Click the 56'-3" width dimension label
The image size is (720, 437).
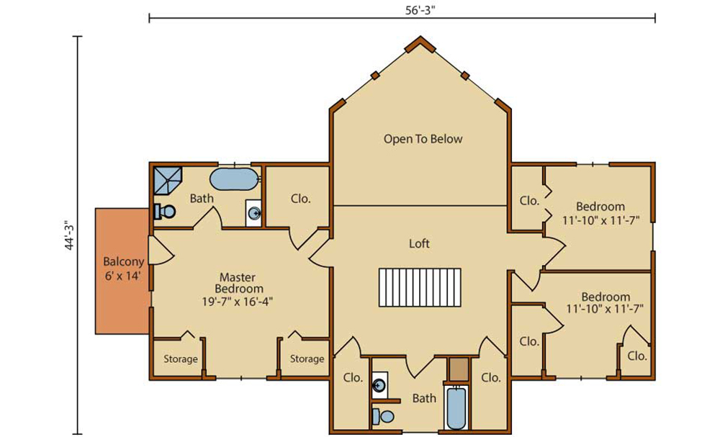click(x=420, y=10)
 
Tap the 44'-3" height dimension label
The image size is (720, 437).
click(x=69, y=236)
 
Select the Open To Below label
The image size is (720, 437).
click(x=423, y=139)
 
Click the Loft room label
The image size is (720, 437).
click(x=419, y=243)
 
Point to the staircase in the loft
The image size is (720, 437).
click(x=420, y=287)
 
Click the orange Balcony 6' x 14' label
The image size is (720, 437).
click(x=123, y=269)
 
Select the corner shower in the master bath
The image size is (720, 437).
click(x=168, y=181)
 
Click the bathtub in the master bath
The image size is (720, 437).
click(x=234, y=179)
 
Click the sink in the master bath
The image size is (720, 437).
click(x=254, y=213)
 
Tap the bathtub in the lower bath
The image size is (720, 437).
click(x=456, y=408)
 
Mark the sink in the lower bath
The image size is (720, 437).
click(x=379, y=385)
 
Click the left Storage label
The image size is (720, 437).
click(x=181, y=359)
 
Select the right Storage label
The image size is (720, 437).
click(x=307, y=359)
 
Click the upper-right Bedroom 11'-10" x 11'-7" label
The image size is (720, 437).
click(x=600, y=213)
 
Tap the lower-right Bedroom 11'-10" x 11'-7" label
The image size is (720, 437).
click(x=605, y=302)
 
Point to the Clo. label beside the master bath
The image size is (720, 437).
click(x=301, y=199)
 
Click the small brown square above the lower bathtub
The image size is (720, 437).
click(x=459, y=369)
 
